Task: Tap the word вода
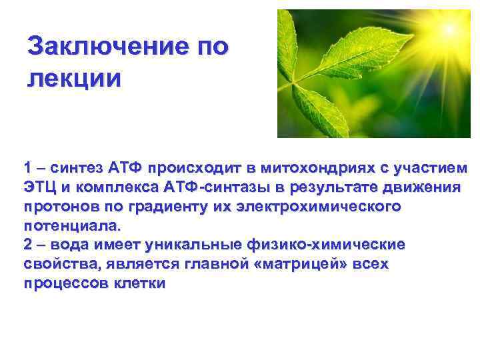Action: click(x=72, y=245)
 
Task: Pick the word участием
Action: click(x=433, y=167)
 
